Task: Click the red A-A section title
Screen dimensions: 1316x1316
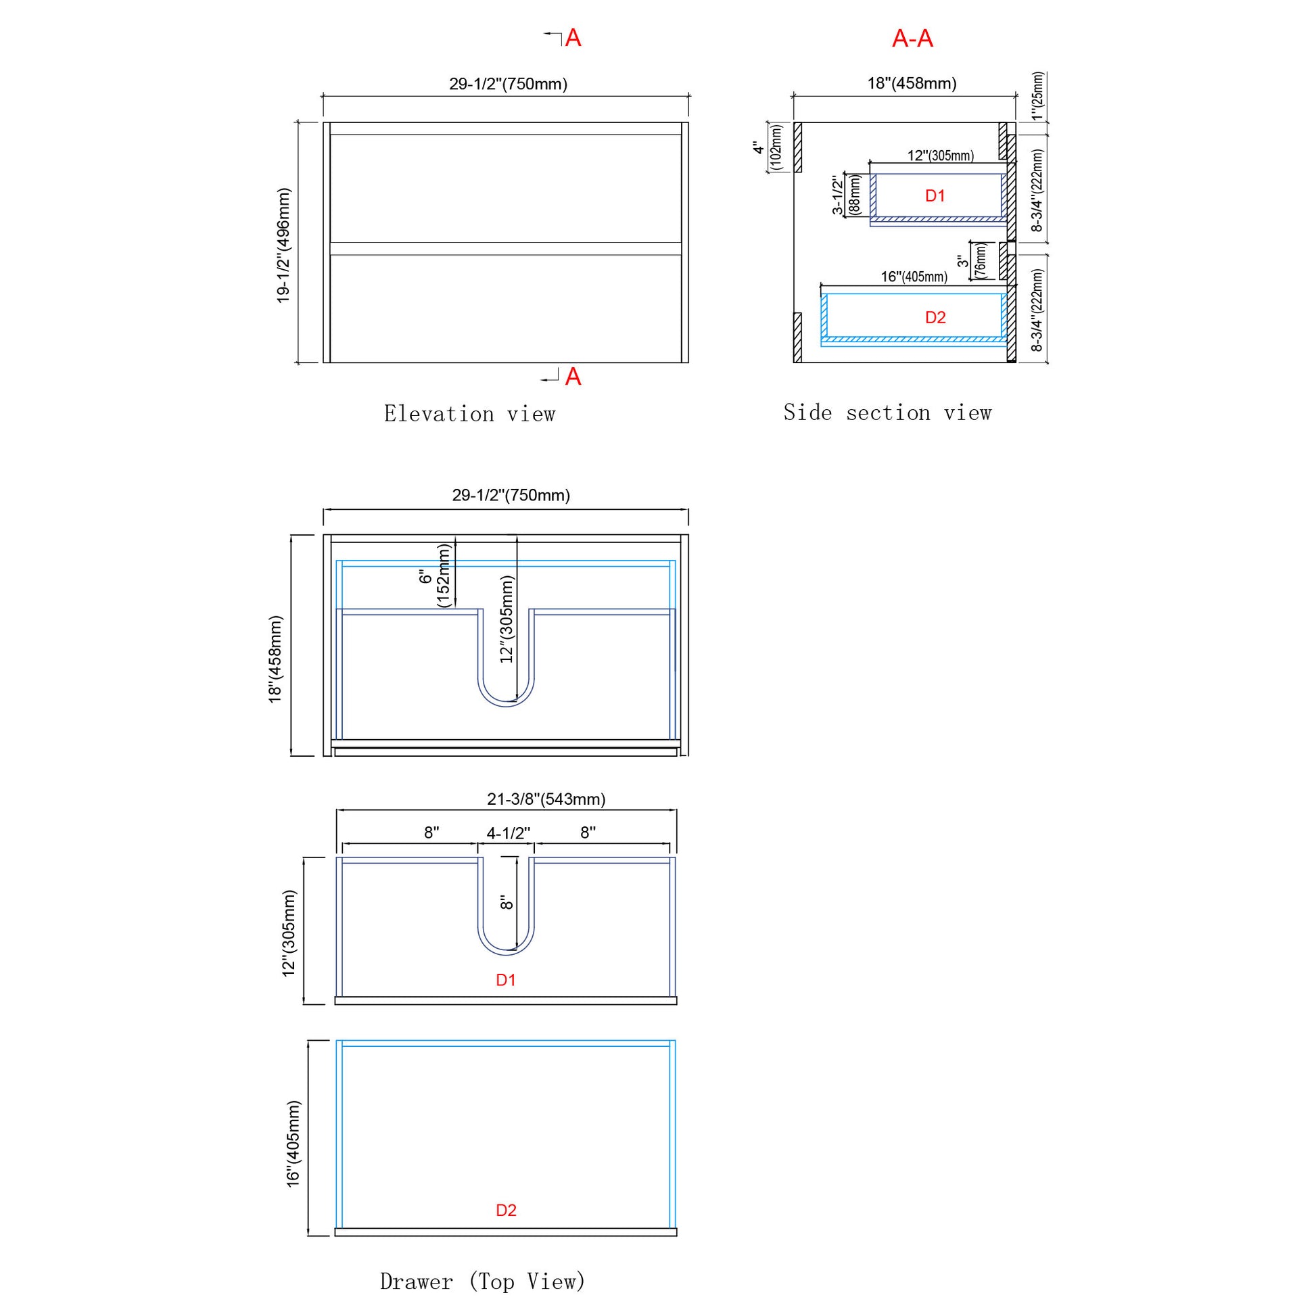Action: pos(912,39)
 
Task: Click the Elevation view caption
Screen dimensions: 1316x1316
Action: pos(469,414)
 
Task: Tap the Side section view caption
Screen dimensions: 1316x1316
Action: pos(887,413)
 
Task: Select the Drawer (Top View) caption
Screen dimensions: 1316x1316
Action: pos(482,1282)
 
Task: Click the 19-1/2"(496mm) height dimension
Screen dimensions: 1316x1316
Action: pos(283,245)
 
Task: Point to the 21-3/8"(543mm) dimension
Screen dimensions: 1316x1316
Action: pos(546,799)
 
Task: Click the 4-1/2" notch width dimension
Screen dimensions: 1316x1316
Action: pos(508,833)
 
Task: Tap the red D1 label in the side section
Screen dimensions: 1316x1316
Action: pos(935,196)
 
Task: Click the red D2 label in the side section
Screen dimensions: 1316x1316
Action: pos(935,317)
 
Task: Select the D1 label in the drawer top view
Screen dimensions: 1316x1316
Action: pos(505,980)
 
